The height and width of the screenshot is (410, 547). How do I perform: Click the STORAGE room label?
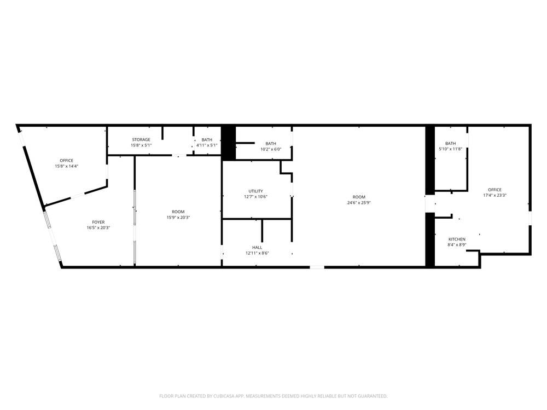coord(141,140)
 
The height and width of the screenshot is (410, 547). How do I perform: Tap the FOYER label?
coord(98,222)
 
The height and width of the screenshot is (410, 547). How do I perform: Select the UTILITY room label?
coord(255,191)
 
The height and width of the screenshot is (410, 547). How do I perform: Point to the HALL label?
coord(257,248)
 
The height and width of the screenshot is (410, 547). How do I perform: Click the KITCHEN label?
coord(457,239)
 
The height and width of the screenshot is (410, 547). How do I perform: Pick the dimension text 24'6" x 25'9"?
coord(359,203)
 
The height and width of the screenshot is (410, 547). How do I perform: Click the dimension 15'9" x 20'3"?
coord(178,218)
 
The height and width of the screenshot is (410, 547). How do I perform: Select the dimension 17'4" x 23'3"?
coord(494,195)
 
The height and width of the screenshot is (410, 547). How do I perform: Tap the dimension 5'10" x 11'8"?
coord(450,149)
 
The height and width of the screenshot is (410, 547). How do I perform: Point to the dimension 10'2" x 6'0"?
coord(271,149)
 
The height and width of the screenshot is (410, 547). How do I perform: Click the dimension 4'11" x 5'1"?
coord(207,145)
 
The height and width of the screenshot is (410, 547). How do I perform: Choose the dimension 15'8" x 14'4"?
coord(66,166)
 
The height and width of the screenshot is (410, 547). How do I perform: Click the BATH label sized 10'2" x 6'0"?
coord(271,144)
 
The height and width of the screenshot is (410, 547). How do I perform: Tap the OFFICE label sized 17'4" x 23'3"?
coord(494,190)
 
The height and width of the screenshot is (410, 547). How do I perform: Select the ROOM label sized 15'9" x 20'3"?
coord(178,212)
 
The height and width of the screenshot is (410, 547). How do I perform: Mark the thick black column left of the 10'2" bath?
coord(229,143)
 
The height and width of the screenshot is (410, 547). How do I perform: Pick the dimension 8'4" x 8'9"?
coord(457,245)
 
